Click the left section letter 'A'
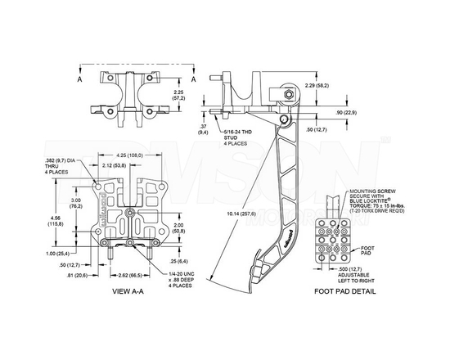(80, 82)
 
